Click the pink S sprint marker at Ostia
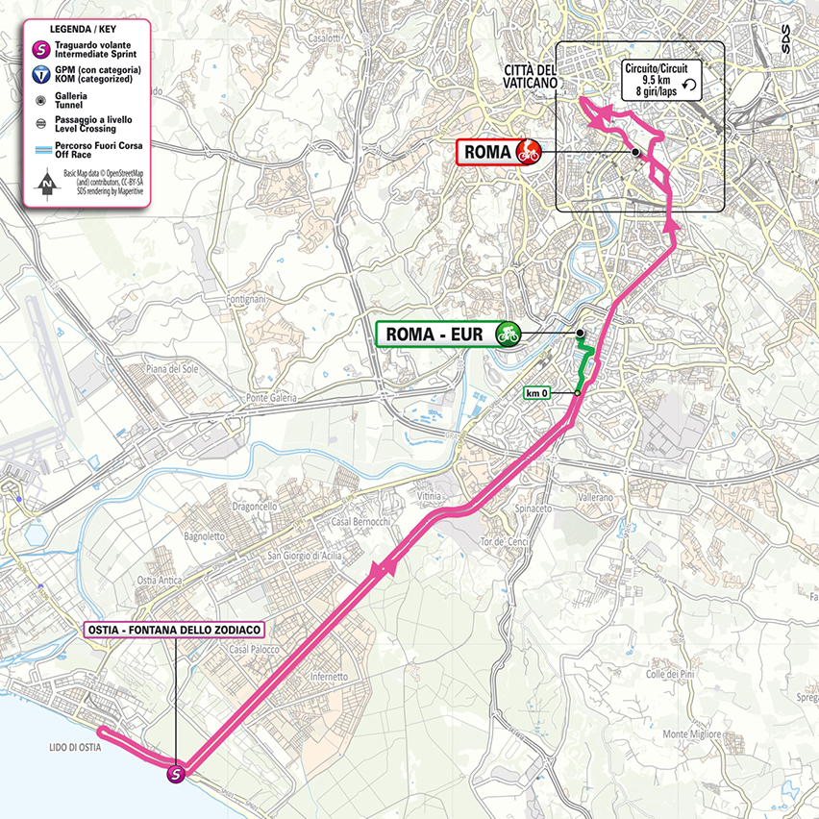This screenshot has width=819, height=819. (x=176, y=773)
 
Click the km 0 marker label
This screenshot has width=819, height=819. (x=536, y=392)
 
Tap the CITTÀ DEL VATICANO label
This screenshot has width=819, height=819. (x=529, y=76)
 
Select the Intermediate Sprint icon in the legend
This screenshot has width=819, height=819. (x=42, y=49)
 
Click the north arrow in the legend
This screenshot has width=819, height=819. (x=44, y=180)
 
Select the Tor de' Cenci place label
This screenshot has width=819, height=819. (x=500, y=542)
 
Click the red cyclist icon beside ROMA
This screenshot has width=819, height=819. (x=527, y=151)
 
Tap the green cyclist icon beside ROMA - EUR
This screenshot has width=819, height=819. (x=507, y=334)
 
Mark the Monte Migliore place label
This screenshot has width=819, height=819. (x=690, y=733)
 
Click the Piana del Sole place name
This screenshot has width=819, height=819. (x=170, y=369)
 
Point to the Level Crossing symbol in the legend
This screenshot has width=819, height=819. (x=42, y=123)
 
